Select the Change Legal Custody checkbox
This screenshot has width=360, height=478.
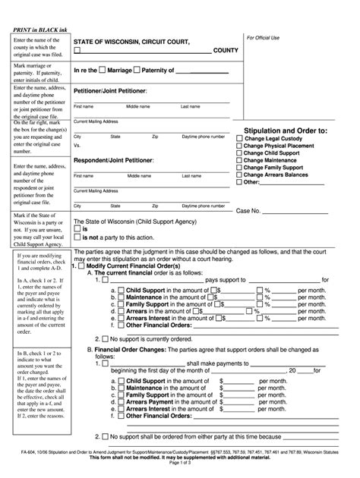[240, 139]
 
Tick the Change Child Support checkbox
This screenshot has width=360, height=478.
[240, 153]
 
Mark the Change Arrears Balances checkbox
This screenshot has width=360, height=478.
[240, 175]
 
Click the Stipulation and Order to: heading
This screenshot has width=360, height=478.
[286, 131]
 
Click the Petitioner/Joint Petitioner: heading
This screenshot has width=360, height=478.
[110, 90]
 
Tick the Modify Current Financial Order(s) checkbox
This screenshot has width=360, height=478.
[82, 267]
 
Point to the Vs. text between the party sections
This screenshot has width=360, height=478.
[77, 145]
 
